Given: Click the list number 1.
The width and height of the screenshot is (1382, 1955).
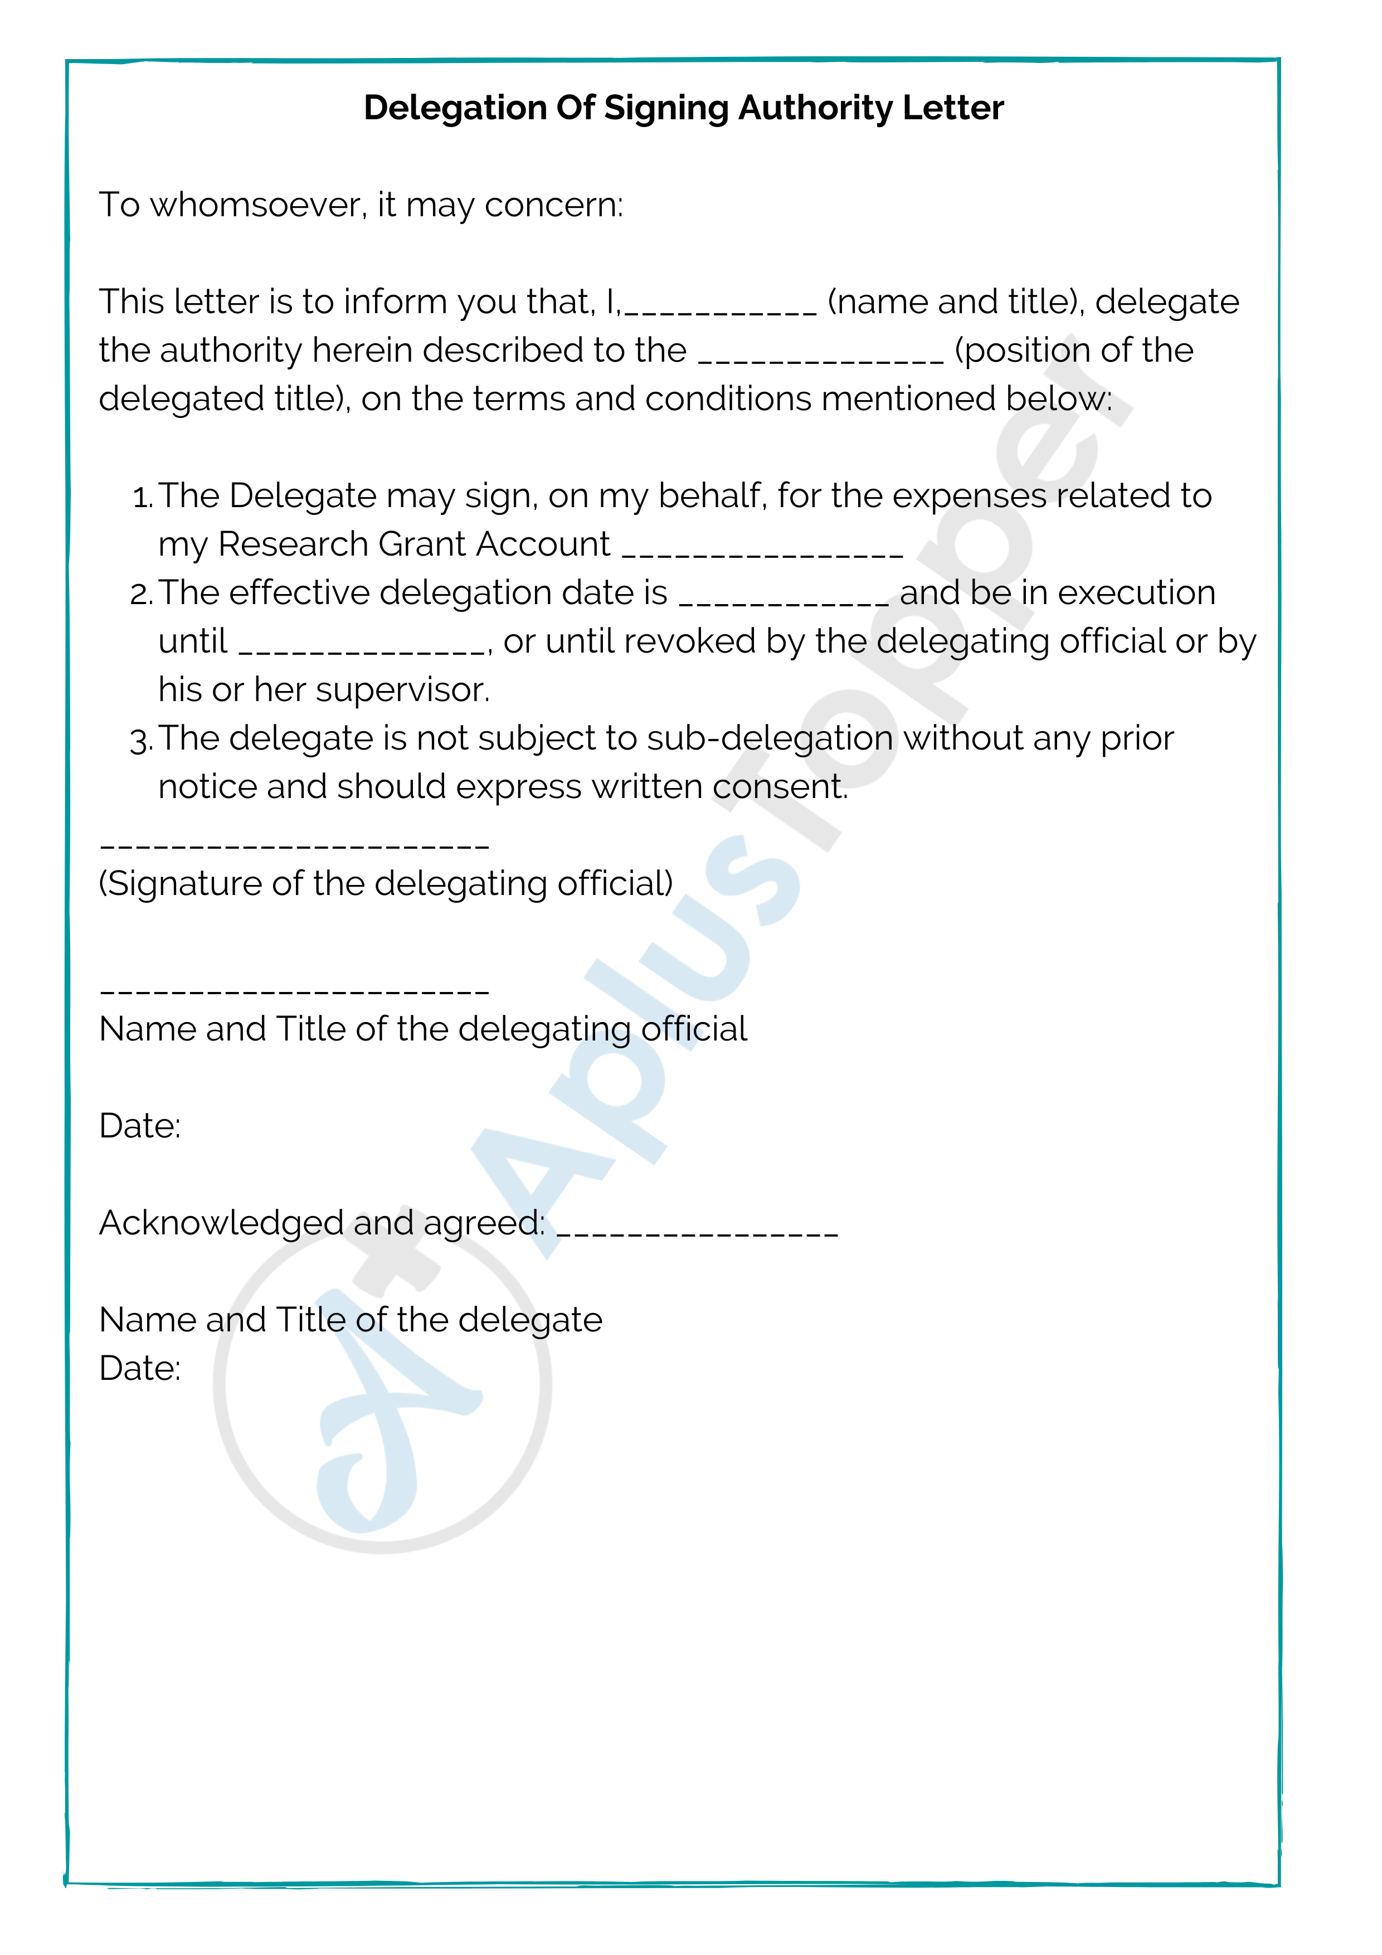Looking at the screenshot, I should (x=142, y=497).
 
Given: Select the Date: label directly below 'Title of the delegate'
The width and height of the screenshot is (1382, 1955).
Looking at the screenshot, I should (x=140, y=1368).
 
